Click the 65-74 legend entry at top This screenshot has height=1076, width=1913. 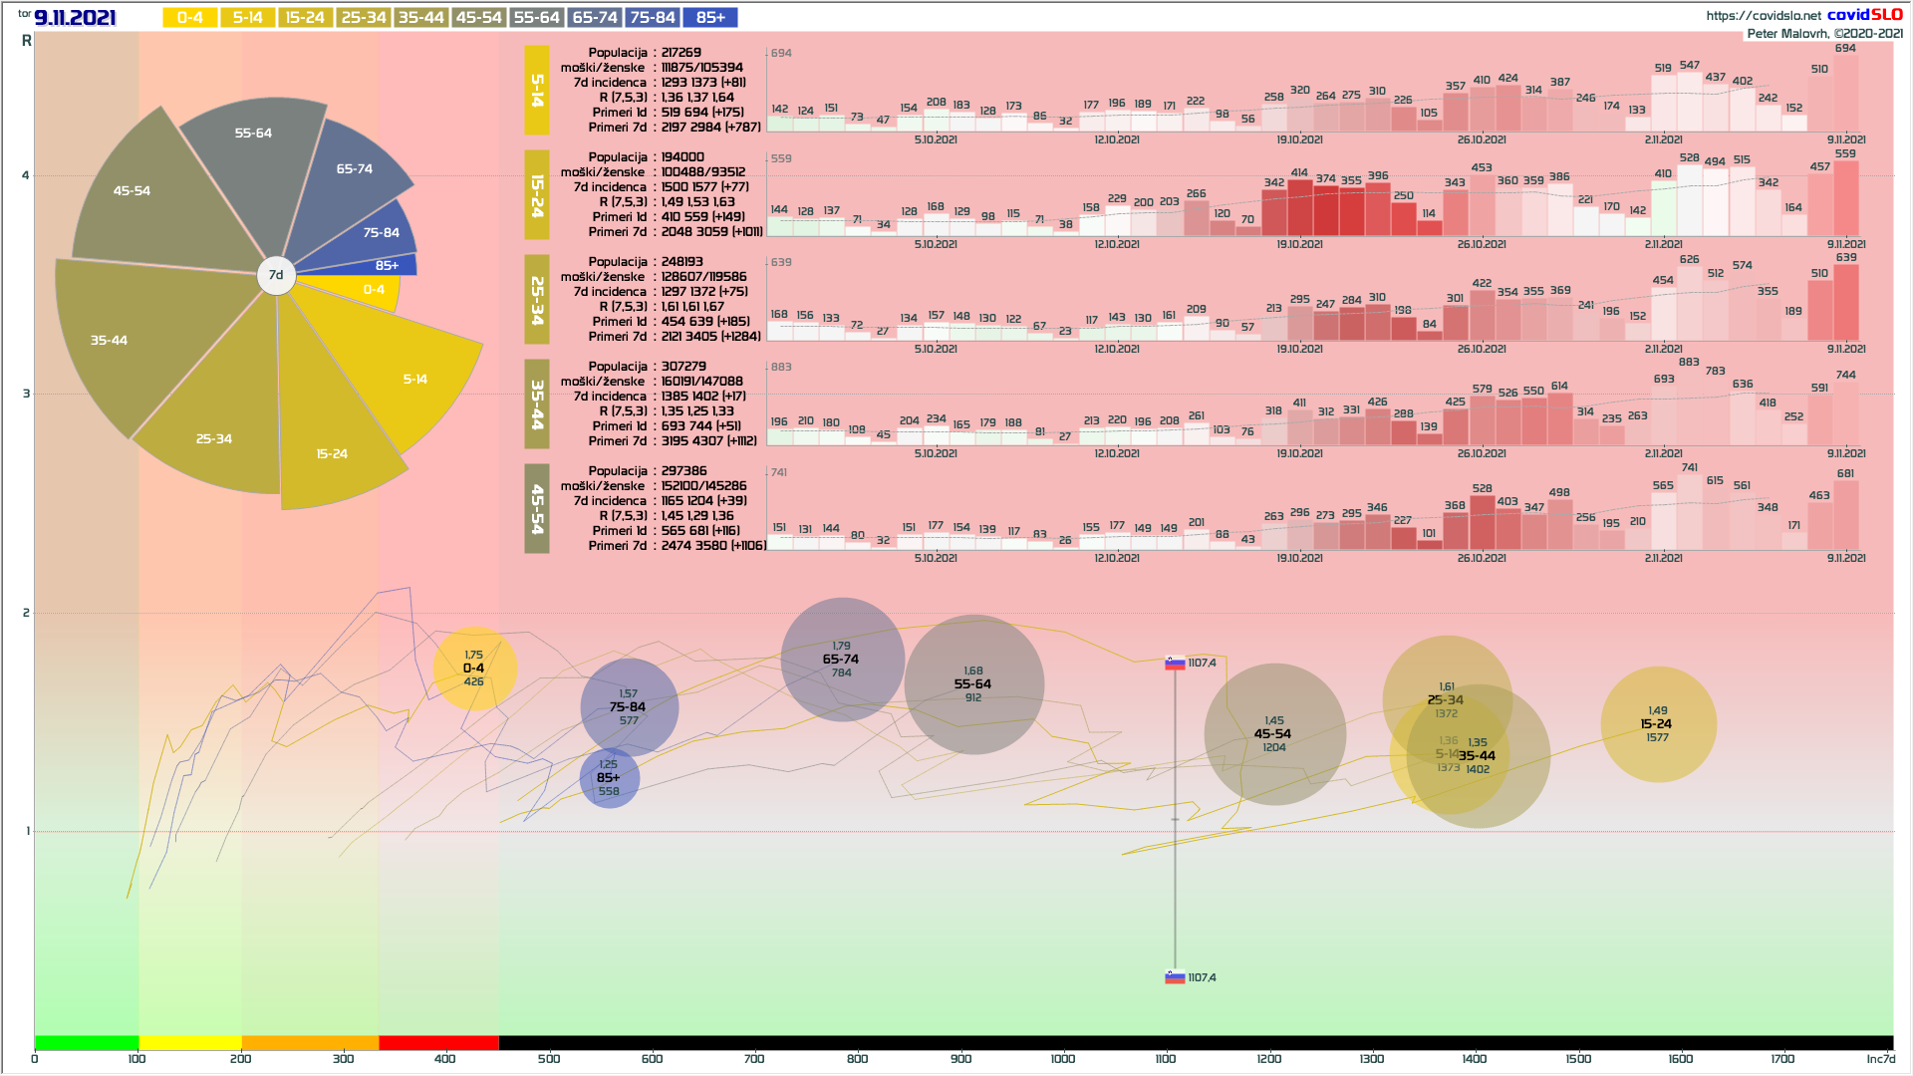[595, 18]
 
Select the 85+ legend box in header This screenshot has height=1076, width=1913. [710, 18]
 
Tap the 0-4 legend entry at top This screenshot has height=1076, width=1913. [189, 18]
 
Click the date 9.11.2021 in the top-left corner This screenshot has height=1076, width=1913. [75, 18]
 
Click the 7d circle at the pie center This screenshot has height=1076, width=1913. [276, 275]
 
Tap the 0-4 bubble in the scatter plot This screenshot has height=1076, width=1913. [474, 669]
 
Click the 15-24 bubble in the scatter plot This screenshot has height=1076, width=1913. [1658, 724]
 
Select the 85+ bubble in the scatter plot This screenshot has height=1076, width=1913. [609, 778]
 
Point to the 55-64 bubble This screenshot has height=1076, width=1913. [973, 684]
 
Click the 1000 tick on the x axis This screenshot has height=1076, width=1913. [1063, 1058]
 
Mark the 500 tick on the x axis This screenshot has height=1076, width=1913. [549, 1058]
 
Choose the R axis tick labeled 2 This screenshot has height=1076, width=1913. [27, 613]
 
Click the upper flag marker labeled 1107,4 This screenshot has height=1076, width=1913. [1176, 663]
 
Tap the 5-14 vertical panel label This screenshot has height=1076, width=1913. [537, 90]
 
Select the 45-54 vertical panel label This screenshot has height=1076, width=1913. [537, 508]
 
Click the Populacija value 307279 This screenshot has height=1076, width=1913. [683, 367]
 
